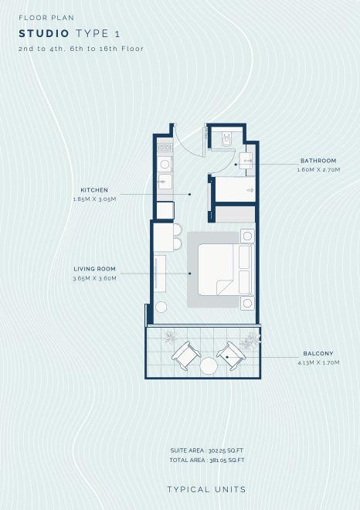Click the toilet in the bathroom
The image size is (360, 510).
tap(226, 139)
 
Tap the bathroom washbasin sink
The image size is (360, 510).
tap(246, 161)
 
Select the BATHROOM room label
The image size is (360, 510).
tap(318, 161)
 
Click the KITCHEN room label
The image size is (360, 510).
tap(94, 190)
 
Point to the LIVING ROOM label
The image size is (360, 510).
tap(94, 269)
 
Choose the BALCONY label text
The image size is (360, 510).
tap(318, 354)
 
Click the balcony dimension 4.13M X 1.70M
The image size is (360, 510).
tap(318, 362)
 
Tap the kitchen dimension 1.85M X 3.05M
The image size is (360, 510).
tap(94, 199)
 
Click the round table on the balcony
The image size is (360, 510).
tap(209, 366)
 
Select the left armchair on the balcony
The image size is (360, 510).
tap(186, 355)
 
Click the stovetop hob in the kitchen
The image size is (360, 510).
tap(165, 148)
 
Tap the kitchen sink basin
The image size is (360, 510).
tap(165, 182)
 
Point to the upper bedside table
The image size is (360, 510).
tap(247, 236)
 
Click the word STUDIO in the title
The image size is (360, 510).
tap(44, 33)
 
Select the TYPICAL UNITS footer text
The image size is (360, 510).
tap(206, 489)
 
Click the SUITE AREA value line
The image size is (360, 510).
tap(207, 450)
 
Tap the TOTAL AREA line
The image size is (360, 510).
tap(207, 461)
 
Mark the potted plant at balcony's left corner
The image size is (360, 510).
tap(171, 337)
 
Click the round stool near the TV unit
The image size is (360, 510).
tap(161, 307)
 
